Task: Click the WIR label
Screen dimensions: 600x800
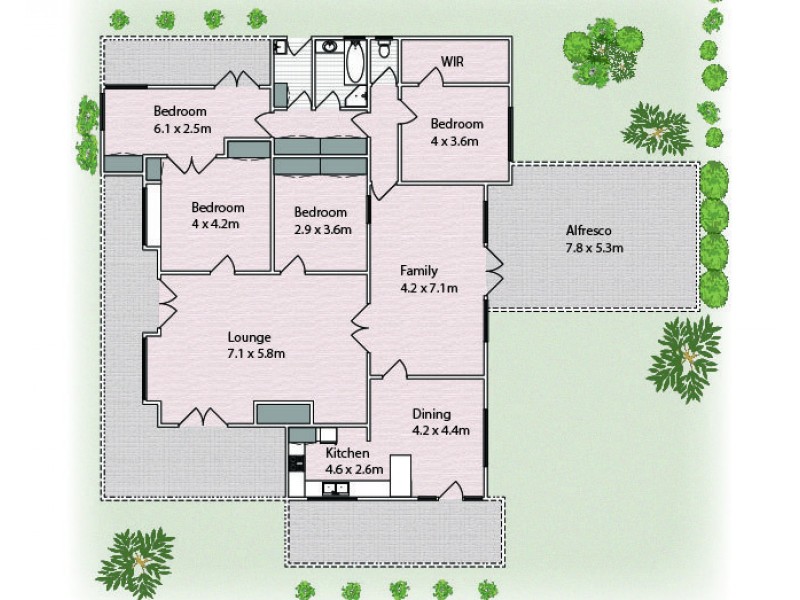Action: point(454,62)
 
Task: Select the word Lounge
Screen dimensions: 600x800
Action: point(250,337)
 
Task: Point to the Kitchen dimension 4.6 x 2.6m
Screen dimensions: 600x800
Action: point(348,468)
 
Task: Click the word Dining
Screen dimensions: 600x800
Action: point(432,414)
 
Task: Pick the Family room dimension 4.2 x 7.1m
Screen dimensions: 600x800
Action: point(429,289)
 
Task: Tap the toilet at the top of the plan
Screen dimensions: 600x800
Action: point(385,52)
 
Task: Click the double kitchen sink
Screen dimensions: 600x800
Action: point(338,489)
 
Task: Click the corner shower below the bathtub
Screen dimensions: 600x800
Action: point(356,96)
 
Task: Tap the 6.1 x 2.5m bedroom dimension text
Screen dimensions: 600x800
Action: point(180,128)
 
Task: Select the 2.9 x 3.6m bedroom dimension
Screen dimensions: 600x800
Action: point(322,228)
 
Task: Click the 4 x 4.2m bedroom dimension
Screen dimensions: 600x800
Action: point(218,225)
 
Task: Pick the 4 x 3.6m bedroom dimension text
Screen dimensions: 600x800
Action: point(456,141)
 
